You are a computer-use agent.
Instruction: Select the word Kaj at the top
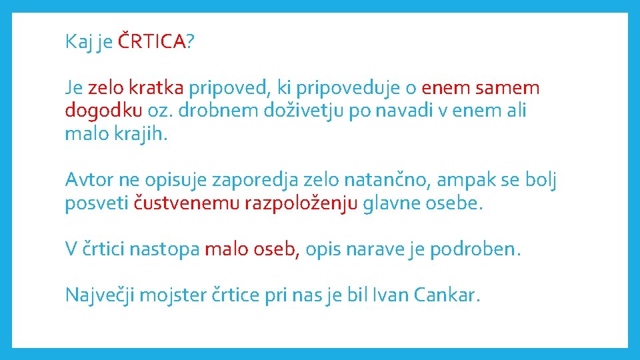click(x=78, y=43)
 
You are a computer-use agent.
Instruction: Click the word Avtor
click(x=89, y=179)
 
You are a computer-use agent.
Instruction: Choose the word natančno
click(x=361, y=179)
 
